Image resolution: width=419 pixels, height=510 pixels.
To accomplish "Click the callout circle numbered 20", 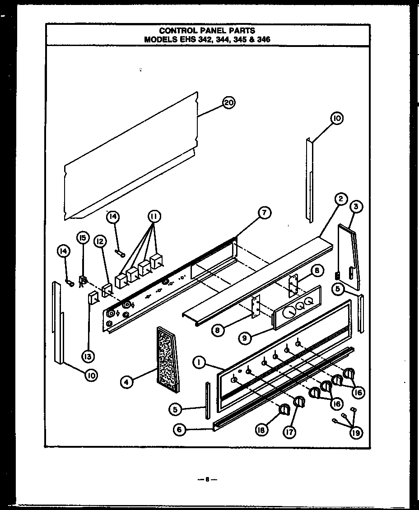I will (x=228, y=103).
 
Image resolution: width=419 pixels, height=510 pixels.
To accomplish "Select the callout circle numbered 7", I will (x=264, y=212).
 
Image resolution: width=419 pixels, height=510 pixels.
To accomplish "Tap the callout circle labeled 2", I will (x=340, y=199).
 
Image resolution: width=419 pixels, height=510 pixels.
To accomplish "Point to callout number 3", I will (x=356, y=207).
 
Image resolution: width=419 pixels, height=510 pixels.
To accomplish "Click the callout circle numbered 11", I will (x=154, y=217).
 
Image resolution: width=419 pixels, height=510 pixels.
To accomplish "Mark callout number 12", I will (x=100, y=241).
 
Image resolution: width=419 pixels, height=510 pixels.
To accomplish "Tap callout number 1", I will (x=198, y=362).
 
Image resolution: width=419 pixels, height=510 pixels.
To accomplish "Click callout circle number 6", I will (x=179, y=430).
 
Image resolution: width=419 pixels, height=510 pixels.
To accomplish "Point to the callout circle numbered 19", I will (x=356, y=433).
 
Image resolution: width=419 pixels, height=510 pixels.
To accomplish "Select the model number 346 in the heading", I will (x=263, y=39).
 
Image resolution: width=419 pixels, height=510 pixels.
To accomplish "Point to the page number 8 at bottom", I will (x=207, y=479).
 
